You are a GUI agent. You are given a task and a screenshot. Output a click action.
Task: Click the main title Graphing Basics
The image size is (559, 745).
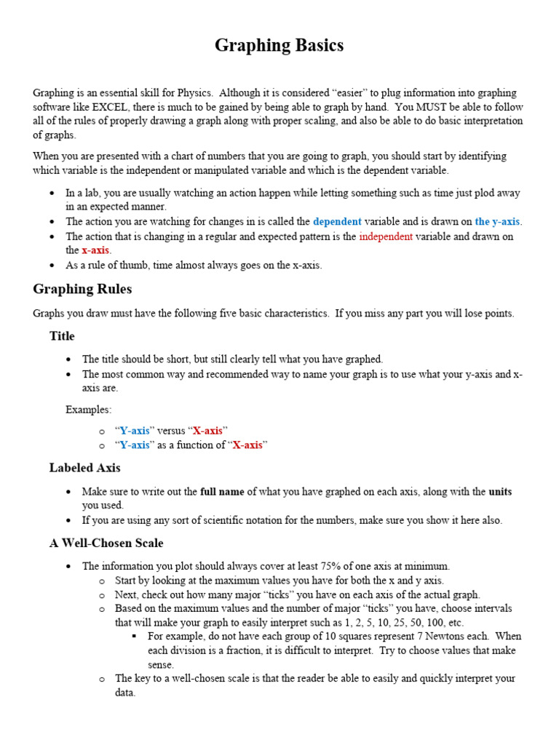point(279,46)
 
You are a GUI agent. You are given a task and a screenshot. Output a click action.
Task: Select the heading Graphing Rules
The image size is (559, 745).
point(82,289)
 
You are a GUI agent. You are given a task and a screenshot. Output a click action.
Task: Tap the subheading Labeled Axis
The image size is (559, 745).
point(85,467)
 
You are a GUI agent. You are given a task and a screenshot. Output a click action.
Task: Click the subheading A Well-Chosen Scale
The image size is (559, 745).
point(106,543)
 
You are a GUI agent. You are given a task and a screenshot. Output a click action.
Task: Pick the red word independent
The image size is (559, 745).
point(386,236)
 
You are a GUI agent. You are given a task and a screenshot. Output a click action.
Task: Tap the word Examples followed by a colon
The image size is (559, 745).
point(89,410)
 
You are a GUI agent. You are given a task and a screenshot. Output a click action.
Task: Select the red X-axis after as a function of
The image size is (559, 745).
point(247,445)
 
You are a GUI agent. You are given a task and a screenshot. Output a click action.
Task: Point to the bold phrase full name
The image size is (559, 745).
point(222,492)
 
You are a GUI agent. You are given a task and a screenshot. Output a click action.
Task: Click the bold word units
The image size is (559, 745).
point(500,492)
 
